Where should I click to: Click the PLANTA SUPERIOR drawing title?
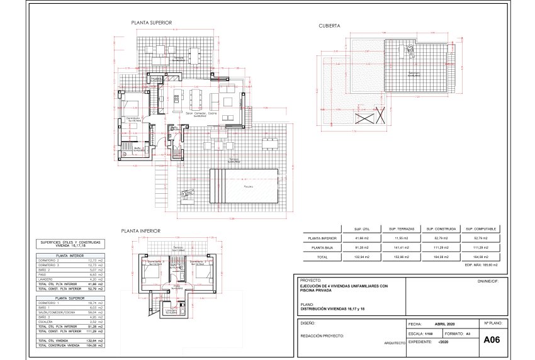click(152, 23)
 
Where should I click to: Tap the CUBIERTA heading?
click(330, 26)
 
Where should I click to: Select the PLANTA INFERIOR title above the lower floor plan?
click(142, 231)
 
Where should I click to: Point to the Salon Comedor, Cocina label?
click(201, 113)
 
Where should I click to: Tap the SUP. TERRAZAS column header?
click(400, 228)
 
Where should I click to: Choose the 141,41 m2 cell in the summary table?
click(400, 248)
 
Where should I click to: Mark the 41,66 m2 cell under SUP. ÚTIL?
click(361, 239)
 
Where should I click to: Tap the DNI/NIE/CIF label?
click(491, 281)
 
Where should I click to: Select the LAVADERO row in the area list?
click(69, 279)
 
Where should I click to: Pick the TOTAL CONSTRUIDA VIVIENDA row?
click(69, 346)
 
